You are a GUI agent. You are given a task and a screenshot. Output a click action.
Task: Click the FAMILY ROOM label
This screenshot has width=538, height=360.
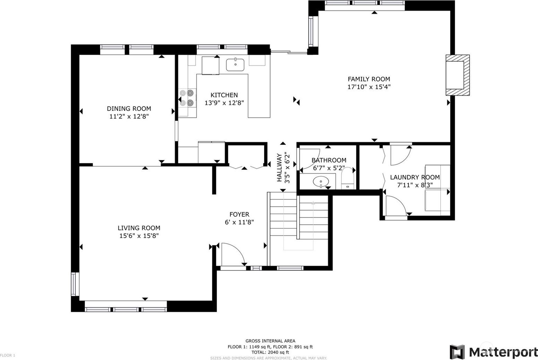coord(369,79)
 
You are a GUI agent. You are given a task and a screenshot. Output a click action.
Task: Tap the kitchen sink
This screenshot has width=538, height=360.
coord(235,65)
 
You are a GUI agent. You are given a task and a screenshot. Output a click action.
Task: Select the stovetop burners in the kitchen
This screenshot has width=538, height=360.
coord(187,98)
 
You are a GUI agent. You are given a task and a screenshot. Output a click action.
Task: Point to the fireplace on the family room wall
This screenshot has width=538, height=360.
coord(457,75)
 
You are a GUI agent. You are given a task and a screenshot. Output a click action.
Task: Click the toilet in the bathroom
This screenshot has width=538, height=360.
coord(347,178)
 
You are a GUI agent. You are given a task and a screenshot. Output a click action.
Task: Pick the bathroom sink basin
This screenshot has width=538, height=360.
coord(321,181)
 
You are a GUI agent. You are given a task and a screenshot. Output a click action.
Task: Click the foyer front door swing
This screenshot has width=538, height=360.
coord(233,255)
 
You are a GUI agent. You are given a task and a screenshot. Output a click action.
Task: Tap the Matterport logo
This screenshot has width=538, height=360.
coord(493,352)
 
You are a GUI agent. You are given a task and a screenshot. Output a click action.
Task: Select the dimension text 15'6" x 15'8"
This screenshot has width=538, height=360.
coord(139,236)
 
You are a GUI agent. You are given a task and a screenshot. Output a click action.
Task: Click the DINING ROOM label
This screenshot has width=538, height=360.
coord(129,109)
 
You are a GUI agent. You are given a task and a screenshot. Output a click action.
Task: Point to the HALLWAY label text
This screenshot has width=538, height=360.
coord(279,168)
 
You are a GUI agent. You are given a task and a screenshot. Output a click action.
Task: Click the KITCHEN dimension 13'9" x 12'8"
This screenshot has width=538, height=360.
coord(224,103)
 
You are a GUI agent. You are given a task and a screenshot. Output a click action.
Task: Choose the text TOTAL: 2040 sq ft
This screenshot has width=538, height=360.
coord(270,352)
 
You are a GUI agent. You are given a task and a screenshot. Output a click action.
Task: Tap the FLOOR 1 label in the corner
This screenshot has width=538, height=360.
coord(8,355)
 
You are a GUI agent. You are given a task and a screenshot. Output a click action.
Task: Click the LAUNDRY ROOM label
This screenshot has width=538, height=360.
coord(415,177)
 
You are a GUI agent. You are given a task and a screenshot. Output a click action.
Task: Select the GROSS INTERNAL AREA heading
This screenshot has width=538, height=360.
coord(270,341)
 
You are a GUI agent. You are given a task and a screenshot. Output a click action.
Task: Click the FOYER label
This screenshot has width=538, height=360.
coord(239,214)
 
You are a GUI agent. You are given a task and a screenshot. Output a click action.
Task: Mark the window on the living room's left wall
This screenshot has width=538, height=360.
coord(75,284)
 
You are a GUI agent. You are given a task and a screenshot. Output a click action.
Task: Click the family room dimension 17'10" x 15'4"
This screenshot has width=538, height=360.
coord(369,87)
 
